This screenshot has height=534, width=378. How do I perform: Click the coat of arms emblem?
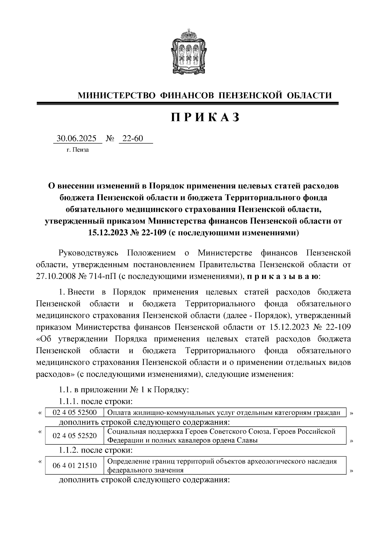[189, 52]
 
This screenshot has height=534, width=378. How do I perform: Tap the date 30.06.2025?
[77, 138]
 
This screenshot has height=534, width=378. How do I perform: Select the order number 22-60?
[132, 138]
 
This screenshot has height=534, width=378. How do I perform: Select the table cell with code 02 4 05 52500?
[75, 413]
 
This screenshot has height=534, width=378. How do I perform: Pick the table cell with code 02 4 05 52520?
[75, 436]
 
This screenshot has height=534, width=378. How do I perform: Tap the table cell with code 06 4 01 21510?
[75, 466]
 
